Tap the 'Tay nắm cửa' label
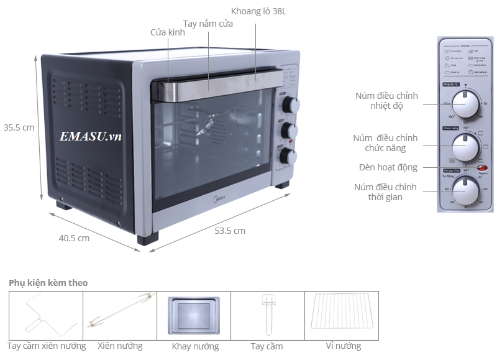point(207,24)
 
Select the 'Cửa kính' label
point(168,32)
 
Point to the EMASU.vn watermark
point(91,137)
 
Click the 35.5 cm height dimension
point(19,127)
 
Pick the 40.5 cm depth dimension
point(74,238)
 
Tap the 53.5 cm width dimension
point(230,231)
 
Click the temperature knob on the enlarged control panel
point(465,103)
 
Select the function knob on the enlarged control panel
point(465,147)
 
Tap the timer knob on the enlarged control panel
point(465,190)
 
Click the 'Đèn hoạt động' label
point(388,167)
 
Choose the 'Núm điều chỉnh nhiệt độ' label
point(386,101)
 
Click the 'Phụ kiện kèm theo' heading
point(48,283)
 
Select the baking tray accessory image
point(193,315)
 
